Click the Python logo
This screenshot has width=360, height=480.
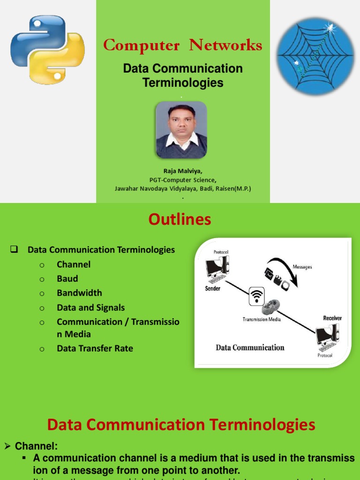point(47,50)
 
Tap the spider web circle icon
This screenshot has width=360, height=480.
point(315,56)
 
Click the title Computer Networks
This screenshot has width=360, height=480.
point(182,45)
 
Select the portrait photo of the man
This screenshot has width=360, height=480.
point(181,130)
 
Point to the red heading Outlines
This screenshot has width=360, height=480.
point(180,219)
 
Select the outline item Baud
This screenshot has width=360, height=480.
point(67,278)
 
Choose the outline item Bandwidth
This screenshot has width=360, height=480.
point(79,293)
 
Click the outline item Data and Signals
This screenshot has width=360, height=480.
point(90,307)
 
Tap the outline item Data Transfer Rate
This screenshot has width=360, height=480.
point(95,348)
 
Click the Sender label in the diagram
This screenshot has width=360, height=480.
point(213,289)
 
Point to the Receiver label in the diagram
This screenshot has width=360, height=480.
point(332,318)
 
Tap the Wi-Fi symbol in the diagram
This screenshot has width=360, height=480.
point(256,296)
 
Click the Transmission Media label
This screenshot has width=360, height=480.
point(261,319)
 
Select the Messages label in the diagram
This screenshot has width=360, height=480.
point(302,267)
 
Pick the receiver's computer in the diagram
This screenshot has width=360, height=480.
point(327,337)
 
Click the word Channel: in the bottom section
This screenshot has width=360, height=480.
point(36,446)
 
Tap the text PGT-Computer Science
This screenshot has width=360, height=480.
point(183,180)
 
